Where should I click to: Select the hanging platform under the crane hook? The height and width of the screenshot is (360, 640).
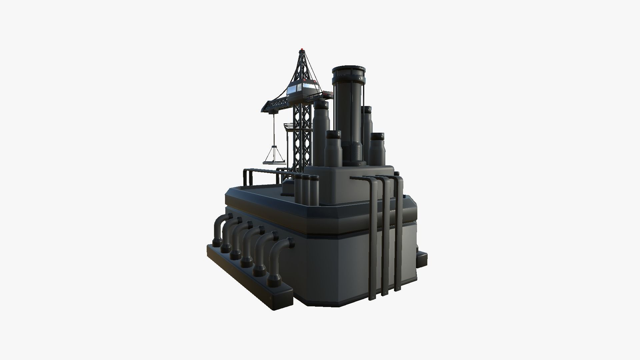(x=273, y=163)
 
